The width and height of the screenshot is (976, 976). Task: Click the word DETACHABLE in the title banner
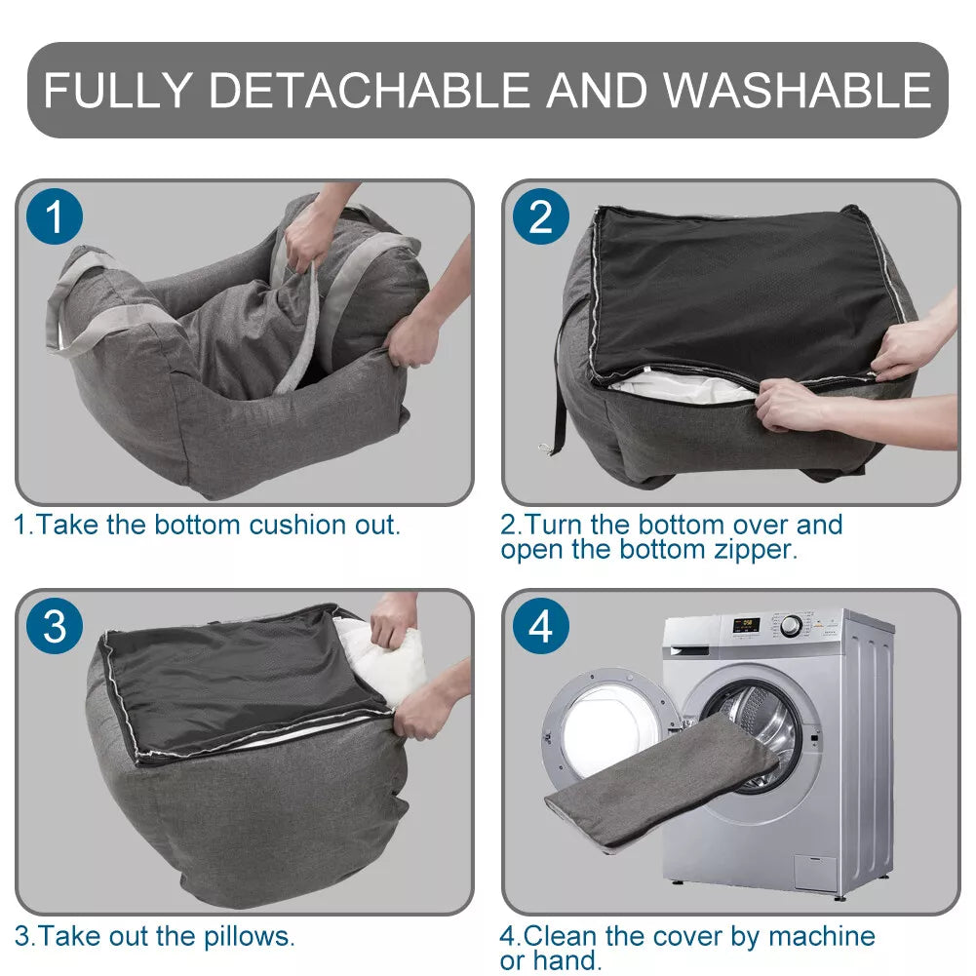click(369, 90)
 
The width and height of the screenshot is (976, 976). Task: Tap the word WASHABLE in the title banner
click(797, 90)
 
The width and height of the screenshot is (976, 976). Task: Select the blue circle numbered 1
click(56, 216)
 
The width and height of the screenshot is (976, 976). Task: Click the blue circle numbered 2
click(541, 216)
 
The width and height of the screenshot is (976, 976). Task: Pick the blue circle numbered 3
click(56, 627)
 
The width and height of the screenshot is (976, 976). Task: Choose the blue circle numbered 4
click(541, 627)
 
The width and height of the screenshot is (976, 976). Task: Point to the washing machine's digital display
click(746, 623)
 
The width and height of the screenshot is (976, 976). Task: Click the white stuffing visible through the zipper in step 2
click(683, 389)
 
